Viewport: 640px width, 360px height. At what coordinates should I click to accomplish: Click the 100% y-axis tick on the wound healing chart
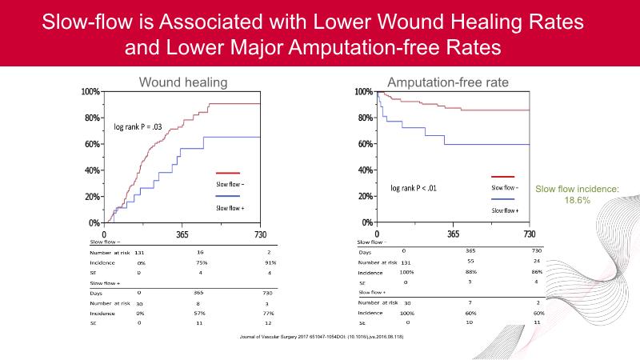click(90, 92)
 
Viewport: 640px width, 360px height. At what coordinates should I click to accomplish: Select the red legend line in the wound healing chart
click(228, 173)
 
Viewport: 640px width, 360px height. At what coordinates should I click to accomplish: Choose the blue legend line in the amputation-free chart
click(502, 198)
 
